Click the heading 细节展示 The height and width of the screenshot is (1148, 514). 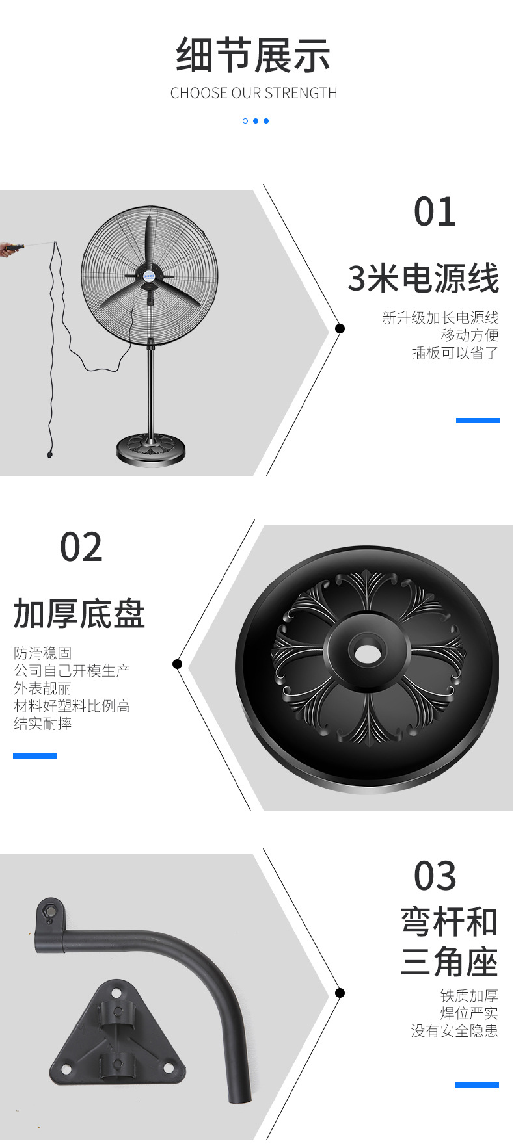[x=253, y=56]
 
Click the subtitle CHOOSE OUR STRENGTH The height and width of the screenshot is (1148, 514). [x=254, y=94]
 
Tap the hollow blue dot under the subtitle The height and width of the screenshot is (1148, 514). [x=245, y=121]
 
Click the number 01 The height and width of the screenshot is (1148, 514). [x=435, y=213]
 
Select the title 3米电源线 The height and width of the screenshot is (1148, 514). [x=423, y=279]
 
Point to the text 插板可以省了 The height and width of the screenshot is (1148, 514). [x=455, y=353]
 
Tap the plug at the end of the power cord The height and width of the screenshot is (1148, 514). [x=49, y=453]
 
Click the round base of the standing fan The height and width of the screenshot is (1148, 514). [x=150, y=449]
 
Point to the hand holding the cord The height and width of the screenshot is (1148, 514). [x=10, y=248]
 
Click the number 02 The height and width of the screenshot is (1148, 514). [x=81, y=547]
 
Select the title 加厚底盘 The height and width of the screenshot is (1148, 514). [x=79, y=614]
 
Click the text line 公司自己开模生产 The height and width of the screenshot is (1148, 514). [x=72, y=671]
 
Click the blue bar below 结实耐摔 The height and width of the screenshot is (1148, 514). [x=34, y=756]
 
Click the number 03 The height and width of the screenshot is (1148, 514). [x=435, y=876]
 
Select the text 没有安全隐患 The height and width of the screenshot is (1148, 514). [x=454, y=1031]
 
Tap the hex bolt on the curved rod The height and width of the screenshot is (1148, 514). [x=49, y=911]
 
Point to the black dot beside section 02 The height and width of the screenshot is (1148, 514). [x=177, y=664]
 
